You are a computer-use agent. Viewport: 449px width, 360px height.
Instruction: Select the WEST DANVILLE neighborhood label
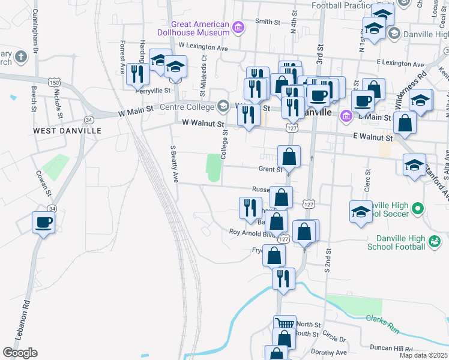click(67, 130)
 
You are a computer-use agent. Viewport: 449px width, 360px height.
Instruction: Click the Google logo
click(20, 353)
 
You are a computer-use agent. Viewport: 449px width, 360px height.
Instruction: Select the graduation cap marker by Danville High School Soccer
click(360, 212)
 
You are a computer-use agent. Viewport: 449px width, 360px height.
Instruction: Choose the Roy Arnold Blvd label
click(252, 233)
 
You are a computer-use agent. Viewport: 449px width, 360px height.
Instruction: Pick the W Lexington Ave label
click(203, 47)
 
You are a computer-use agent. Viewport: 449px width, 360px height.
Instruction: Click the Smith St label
click(268, 22)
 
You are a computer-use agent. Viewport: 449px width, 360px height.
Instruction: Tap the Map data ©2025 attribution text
click(424, 355)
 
